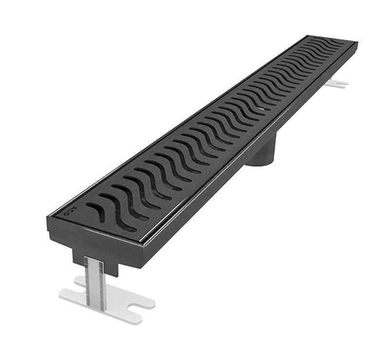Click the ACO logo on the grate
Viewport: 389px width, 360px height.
coord(71,210)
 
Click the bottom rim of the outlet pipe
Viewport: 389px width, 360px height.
coord(260,164)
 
